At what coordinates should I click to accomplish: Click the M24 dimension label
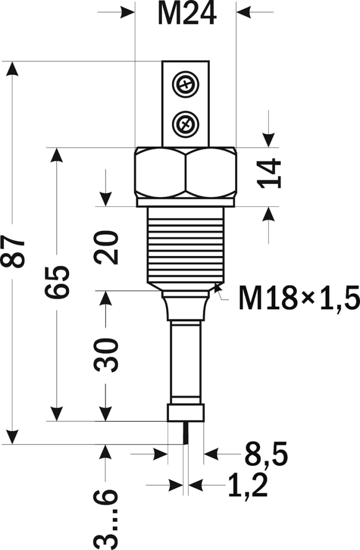[x=186, y=15]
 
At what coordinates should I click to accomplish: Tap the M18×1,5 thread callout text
[x=299, y=298]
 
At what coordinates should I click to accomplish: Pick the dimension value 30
[x=106, y=355]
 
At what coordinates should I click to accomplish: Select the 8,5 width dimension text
[x=266, y=454]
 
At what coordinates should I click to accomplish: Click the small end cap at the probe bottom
[x=185, y=413]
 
